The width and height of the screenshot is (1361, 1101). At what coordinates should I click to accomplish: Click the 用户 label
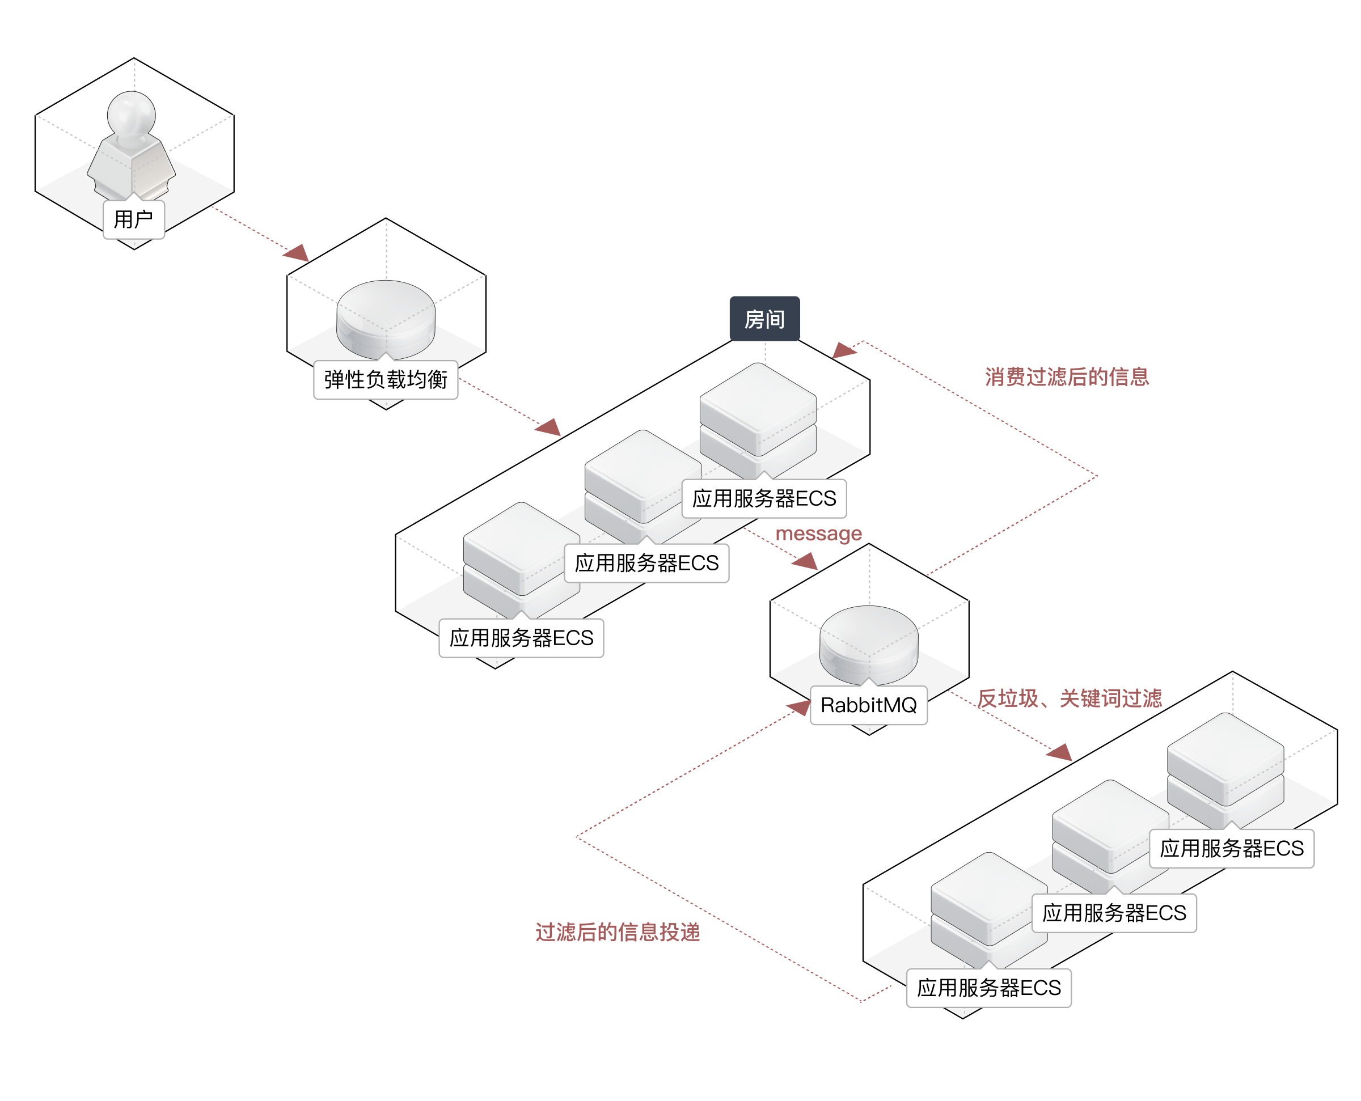coord(134,219)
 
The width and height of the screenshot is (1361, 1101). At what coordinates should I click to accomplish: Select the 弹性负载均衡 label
coord(386,380)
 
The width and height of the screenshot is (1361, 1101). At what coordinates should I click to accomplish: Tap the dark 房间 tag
coord(764,319)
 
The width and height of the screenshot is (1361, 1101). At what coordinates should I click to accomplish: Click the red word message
coord(818,533)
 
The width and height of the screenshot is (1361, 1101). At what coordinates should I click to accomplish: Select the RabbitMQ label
coord(868,705)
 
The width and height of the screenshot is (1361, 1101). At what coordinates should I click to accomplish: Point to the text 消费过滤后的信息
coord(1067,376)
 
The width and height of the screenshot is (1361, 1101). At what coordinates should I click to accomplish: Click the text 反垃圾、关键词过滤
coord(1070,698)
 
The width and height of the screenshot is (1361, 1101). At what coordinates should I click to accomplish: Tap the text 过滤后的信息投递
coord(617,931)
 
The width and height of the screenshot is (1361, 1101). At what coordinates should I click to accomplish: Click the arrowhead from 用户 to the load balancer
coord(297,253)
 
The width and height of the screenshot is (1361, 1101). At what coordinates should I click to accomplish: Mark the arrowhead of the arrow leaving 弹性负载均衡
coord(548,427)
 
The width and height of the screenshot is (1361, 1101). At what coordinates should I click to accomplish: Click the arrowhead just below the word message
coord(805,561)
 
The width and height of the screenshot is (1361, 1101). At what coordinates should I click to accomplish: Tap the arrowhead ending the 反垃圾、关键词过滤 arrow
coord(1060,753)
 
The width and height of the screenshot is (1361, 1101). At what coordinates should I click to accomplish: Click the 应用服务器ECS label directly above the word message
coord(764,498)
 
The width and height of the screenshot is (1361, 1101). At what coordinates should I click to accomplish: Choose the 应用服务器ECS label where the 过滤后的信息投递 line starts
coord(989,988)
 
